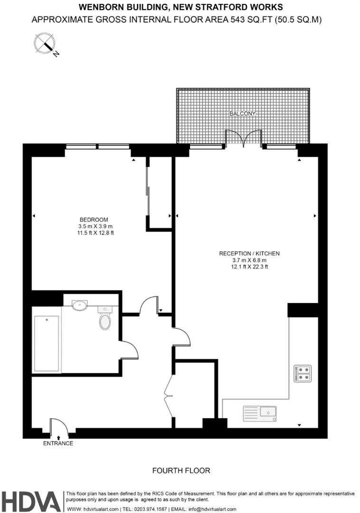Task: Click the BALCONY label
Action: tap(242, 114)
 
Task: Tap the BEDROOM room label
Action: tap(94, 220)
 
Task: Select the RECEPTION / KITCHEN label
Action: tap(249, 254)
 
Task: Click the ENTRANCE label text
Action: tap(58, 443)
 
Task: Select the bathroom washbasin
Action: tap(80, 304)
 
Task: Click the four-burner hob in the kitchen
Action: tap(303, 373)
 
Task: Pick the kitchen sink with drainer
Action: tap(259, 413)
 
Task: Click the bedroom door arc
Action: tap(149, 305)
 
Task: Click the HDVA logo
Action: tap(31, 501)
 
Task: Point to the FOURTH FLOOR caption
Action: tap(181, 470)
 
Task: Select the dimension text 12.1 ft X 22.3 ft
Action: tap(249, 267)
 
